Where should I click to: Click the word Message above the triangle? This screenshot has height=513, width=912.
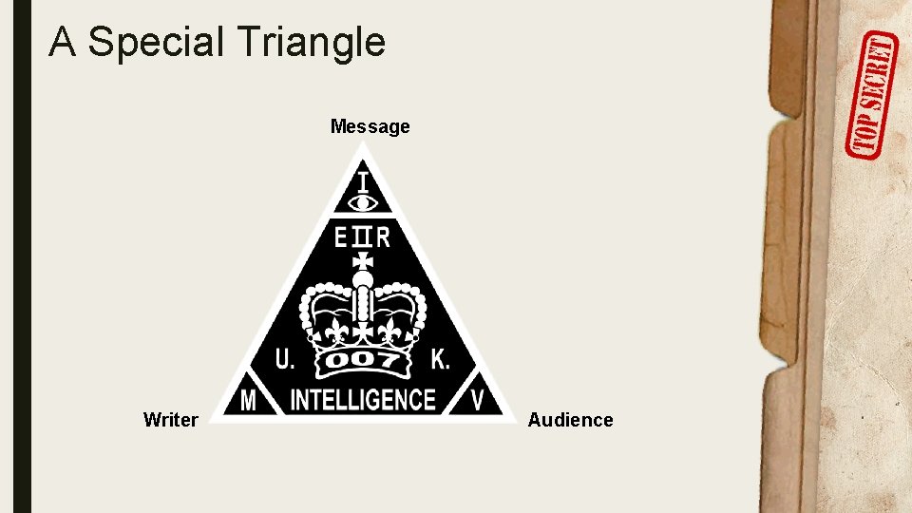coord(370,126)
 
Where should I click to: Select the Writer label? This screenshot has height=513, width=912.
coord(170,420)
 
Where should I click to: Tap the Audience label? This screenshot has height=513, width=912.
coord(570,420)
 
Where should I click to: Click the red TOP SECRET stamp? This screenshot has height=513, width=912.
coord(871,95)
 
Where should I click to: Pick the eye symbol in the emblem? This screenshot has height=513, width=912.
coord(363,201)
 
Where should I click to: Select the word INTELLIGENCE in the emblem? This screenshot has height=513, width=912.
coord(362,400)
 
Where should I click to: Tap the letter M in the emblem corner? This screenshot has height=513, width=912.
coord(247,401)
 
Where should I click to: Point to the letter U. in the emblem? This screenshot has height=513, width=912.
coord(285,359)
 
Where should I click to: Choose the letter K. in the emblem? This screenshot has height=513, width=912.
coord(440,359)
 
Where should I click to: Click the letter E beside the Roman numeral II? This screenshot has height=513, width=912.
coord(341,237)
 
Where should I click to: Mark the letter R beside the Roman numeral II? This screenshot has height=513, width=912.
coord(382,237)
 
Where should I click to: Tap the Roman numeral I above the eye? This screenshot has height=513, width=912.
coord(363,180)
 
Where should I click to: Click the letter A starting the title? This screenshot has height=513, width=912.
coord(62,43)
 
